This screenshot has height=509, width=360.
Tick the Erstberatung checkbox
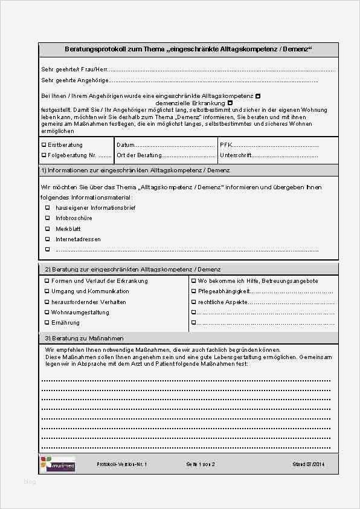pyautogui.click(x=43, y=145)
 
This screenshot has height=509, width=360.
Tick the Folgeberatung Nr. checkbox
pyautogui.click(x=43, y=155)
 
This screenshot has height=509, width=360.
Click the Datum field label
pyautogui.click(x=125, y=145)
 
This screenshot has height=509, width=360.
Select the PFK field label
pyautogui.click(x=225, y=145)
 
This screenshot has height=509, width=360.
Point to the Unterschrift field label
pyautogui.click(x=235, y=155)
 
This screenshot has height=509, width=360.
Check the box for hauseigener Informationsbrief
pyautogui.click(x=48, y=207)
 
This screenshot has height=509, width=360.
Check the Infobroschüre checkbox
pyautogui.click(x=48, y=218)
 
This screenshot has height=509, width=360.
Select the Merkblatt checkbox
pyautogui.click(x=48, y=229)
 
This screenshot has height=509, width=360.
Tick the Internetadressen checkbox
pyautogui.click(x=48, y=239)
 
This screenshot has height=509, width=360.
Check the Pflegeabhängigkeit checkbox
pyautogui.click(x=193, y=291)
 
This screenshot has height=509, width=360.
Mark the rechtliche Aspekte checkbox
pyautogui.click(x=193, y=302)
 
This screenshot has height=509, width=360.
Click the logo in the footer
pyautogui.click(x=58, y=464)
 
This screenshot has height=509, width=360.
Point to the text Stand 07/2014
pyautogui.click(x=308, y=464)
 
